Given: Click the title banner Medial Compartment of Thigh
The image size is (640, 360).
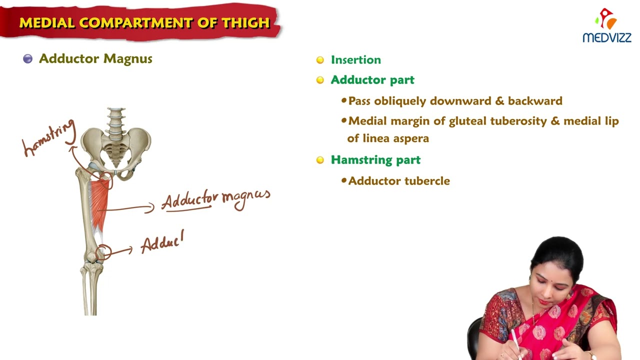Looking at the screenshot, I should (144, 22).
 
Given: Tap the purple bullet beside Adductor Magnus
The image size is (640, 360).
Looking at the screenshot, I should (28, 59).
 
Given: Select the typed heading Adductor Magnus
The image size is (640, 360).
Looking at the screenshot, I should (95, 59).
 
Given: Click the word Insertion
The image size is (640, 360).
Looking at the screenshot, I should (355, 60).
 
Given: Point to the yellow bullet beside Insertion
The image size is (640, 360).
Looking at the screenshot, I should (320, 60).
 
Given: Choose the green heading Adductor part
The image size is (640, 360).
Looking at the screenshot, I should (372, 80).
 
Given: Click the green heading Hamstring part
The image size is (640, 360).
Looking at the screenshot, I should (375, 160).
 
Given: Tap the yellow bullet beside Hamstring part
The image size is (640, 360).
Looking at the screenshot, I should (320, 160).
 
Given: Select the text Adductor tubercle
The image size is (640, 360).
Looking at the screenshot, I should (399, 181).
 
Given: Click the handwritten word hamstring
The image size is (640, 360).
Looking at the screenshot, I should (49, 138).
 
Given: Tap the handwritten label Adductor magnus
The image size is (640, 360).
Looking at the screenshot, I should (215, 199).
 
